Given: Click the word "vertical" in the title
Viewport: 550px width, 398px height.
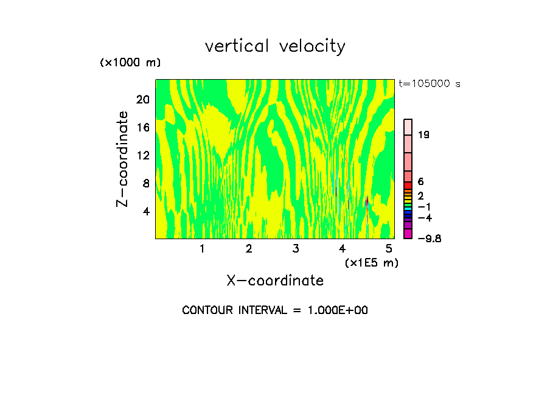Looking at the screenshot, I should (235, 46).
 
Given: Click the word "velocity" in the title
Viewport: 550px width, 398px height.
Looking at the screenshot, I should (312, 47).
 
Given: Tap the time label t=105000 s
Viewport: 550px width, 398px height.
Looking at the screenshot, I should (430, 84).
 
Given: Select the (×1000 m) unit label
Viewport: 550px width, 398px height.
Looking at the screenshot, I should (130, 63).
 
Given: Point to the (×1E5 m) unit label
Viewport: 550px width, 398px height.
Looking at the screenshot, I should (371, 263).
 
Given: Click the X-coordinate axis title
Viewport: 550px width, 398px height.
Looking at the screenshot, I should (275, 281).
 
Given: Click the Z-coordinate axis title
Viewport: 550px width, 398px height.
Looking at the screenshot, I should (123, 158).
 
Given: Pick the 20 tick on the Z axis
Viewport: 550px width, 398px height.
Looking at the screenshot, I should (144, 100).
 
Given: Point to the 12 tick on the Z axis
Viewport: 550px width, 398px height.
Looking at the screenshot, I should (144, 156).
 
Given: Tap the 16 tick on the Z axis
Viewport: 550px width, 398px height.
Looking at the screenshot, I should (144, 128).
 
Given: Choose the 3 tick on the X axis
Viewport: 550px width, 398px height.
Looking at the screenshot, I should (295, 249).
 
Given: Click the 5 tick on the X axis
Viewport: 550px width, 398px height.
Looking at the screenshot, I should (389, 249).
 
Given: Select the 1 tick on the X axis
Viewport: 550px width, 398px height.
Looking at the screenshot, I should (202, 249).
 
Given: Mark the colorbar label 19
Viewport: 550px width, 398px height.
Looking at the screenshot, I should (424, 135).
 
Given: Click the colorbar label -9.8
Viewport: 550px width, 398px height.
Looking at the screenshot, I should (429, 239).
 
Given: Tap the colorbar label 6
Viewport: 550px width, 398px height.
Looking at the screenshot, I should (420, 182).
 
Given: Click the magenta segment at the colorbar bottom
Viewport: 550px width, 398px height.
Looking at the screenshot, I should (408, 234).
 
